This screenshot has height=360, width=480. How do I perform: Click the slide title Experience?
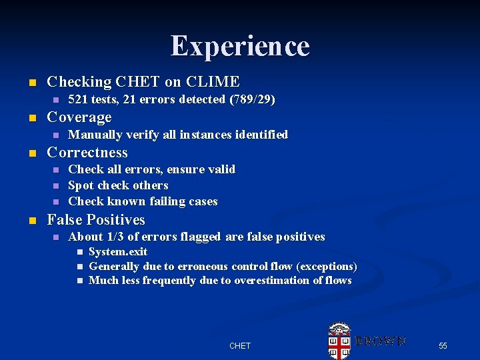point(240,46)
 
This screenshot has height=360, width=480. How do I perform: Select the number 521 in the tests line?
point(79,99)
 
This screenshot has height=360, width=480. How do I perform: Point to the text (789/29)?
point(252,99)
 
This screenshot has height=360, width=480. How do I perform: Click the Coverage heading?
point(79,117)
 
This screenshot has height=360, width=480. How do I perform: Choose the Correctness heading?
point(87,152)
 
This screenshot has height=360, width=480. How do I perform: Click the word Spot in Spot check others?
point(81,185)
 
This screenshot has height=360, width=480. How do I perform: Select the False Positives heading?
point(95,220)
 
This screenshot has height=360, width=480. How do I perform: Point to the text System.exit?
point(118,251)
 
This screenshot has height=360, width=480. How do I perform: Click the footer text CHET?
point(240,345)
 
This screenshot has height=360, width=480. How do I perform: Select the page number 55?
point(443,345)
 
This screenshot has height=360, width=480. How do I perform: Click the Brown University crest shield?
point(339,343)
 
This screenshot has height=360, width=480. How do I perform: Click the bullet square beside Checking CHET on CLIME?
point(29,83)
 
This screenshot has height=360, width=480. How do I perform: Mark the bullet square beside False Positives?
point(29,221)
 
